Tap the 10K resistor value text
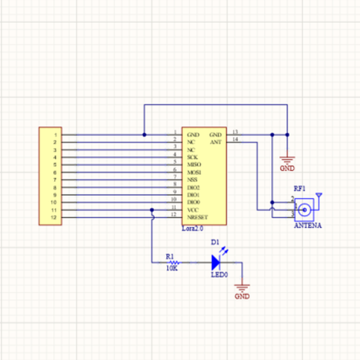coord(172,269)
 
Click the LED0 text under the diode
coord(219,275)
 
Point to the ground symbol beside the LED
coord(242,287)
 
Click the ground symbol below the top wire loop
coord(288,160)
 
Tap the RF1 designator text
coord(299,188)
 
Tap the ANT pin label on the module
coord(215,142)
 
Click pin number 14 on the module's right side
coord(235,139)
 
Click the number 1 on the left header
coord(55,135)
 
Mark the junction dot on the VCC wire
coord(152,211)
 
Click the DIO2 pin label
coord(193,188)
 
